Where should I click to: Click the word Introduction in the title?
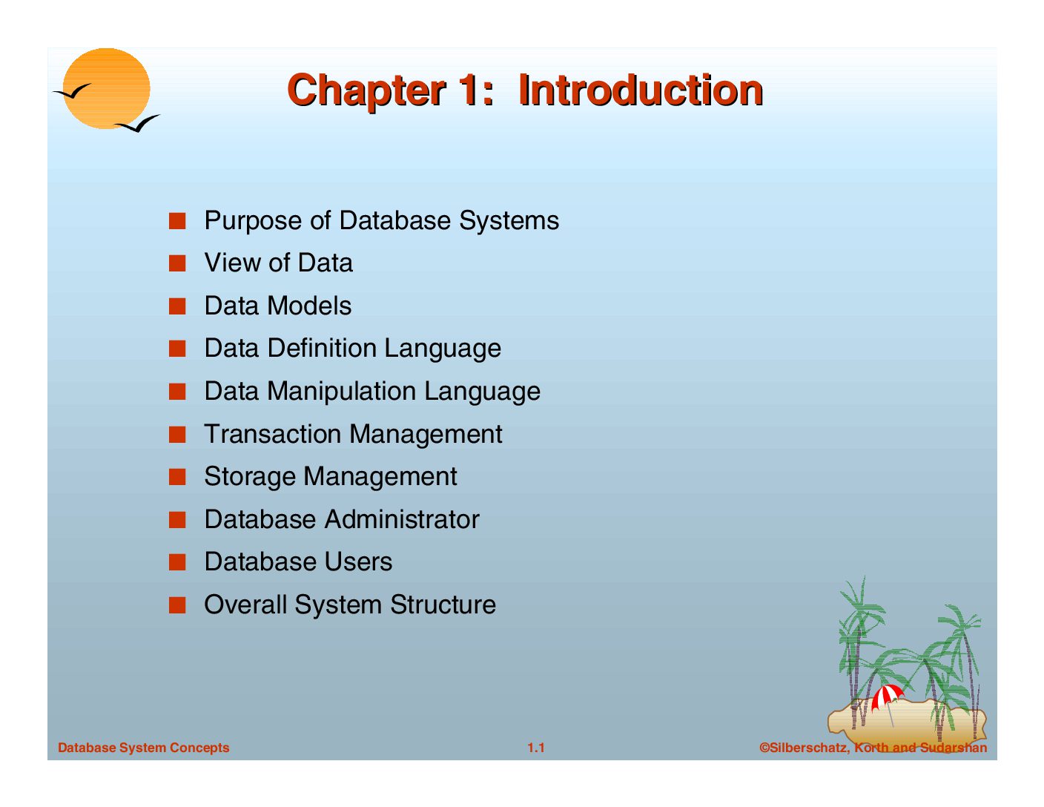pos(641,90)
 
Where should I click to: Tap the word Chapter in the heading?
pos(366,91)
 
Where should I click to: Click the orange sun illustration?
pos(106,88)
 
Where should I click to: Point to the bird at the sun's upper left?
pos(72,91)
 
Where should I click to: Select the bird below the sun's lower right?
pos(138,124)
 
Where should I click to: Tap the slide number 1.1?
pos(535,748)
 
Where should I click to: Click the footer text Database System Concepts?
pos(144,748)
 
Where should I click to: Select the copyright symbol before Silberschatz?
pos(764,748)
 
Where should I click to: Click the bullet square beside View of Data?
pos(177,263)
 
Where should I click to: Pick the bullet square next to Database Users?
pos(177,562)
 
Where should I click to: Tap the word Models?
pos(309,306)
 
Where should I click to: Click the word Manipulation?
pos(342,392)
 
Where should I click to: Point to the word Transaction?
pos(273,434)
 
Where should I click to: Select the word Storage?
pos(249,478)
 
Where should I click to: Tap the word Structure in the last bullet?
pos(443,605)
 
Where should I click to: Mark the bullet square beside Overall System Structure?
pos(177,605)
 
